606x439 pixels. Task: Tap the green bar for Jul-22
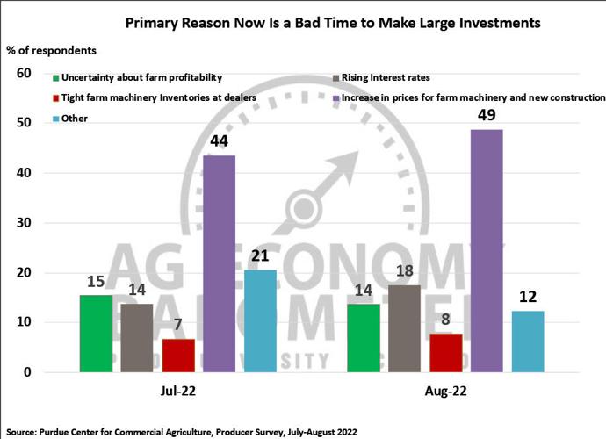pos(96,334)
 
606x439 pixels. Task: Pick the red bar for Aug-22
pos(444,353)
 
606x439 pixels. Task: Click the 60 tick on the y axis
pos(24,74)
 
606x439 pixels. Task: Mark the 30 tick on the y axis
pos(24,223)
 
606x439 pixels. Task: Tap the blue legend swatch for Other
pos(56,118)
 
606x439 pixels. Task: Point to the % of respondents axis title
pos(51,50)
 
